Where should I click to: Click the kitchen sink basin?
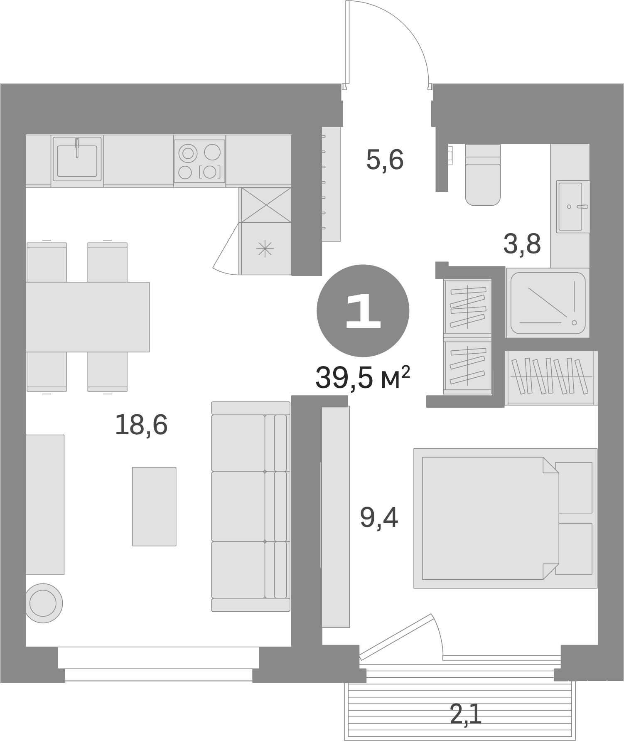77,160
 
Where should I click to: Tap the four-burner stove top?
199,161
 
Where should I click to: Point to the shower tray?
548,303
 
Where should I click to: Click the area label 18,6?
141,425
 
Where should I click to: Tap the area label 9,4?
379,518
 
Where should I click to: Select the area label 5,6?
385,160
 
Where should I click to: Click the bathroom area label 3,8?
522,244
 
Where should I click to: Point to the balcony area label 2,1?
466,715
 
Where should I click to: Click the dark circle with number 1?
363,311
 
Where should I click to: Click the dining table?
87,317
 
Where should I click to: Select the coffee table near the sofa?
154,506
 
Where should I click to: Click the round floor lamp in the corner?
43,603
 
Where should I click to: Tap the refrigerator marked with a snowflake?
265,249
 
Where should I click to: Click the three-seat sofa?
250,506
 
